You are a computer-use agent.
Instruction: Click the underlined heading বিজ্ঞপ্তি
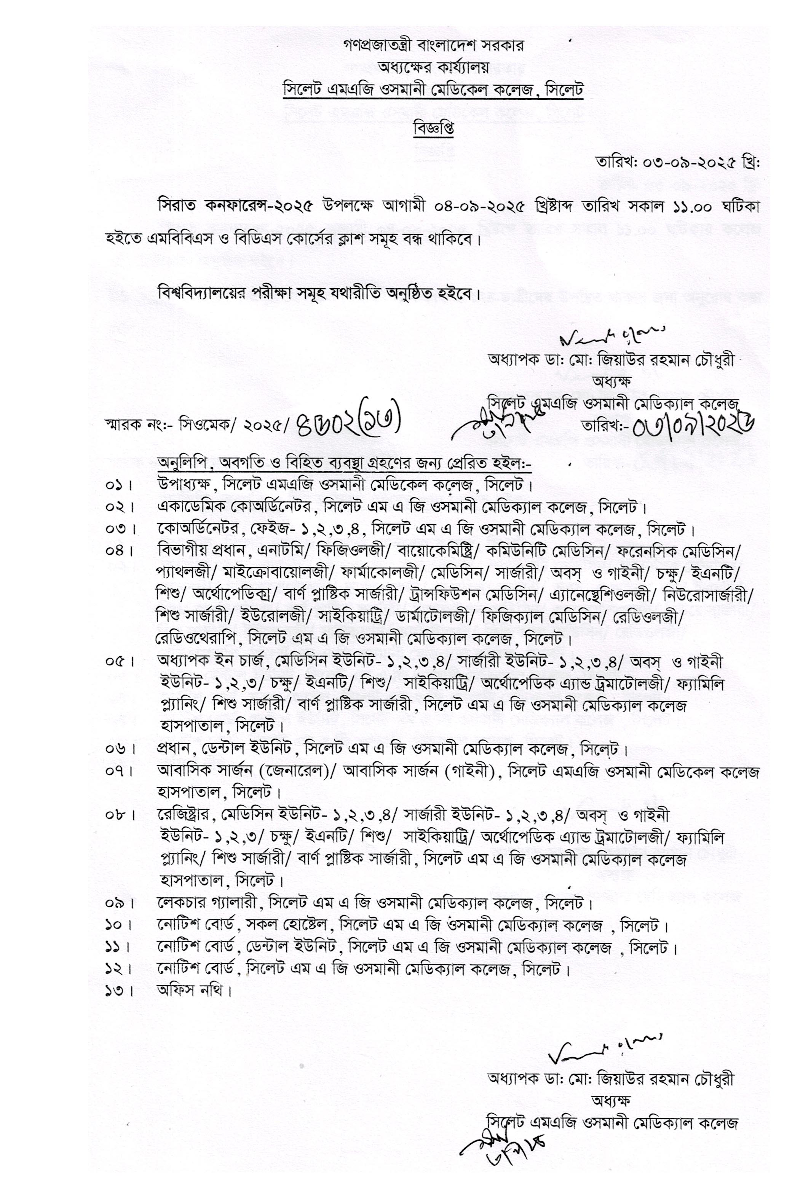(433, 129)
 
